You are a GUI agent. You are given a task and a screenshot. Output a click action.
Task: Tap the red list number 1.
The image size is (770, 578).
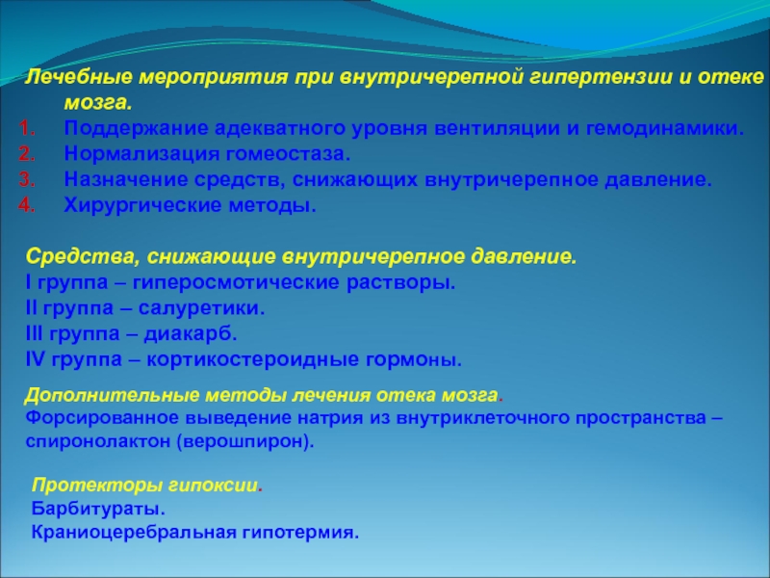point(27,129)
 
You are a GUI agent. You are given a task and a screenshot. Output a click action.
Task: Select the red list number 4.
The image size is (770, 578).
point(27,205)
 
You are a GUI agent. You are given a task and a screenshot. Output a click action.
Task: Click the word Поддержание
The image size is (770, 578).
point(136,129)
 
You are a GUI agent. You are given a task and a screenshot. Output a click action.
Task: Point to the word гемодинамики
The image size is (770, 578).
point(665,129)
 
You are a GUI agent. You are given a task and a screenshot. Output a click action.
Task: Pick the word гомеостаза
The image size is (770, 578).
point(288,154)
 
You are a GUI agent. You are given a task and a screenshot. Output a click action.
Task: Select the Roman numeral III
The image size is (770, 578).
point(35,333)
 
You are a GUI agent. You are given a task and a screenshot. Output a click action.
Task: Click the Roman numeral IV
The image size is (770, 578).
point(35,359)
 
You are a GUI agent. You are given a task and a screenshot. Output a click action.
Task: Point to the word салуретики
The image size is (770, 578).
point(201,308)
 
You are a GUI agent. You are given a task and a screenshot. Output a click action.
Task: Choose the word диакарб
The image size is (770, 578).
point(191,333)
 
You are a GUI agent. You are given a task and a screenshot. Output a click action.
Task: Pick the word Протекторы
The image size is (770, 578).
point(97,486)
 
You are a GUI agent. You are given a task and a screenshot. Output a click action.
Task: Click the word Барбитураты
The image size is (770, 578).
point(98,509)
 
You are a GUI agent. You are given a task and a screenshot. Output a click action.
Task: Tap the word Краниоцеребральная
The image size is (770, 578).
point(131,532)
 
